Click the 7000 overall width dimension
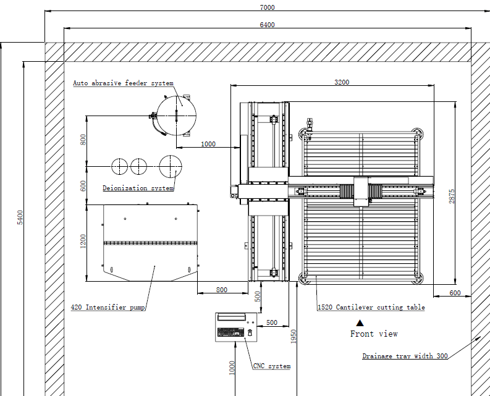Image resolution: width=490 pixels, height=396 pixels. point(268,7)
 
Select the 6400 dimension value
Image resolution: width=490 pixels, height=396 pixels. point(268,25)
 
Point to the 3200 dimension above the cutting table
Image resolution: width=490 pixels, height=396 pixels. point(342,82)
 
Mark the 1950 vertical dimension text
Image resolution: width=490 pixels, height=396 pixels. point(294,335)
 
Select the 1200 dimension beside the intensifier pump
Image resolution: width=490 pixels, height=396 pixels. point(83,242)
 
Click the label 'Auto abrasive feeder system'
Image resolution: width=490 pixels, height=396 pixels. point(123,83)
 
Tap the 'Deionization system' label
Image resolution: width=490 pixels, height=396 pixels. point(138,188)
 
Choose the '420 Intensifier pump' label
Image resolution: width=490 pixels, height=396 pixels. point(108,307)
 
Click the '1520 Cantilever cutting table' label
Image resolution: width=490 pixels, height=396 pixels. point(371,307)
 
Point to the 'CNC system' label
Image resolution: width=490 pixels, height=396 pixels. point(271,366)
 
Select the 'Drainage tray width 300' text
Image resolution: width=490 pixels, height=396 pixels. point(405,356)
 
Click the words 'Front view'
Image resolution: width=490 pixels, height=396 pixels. point(374,334)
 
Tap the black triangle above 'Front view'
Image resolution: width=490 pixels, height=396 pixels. point(360,322)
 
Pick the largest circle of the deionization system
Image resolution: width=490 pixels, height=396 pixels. point(171,166)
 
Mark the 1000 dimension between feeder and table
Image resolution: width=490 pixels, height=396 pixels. point(208,144)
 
